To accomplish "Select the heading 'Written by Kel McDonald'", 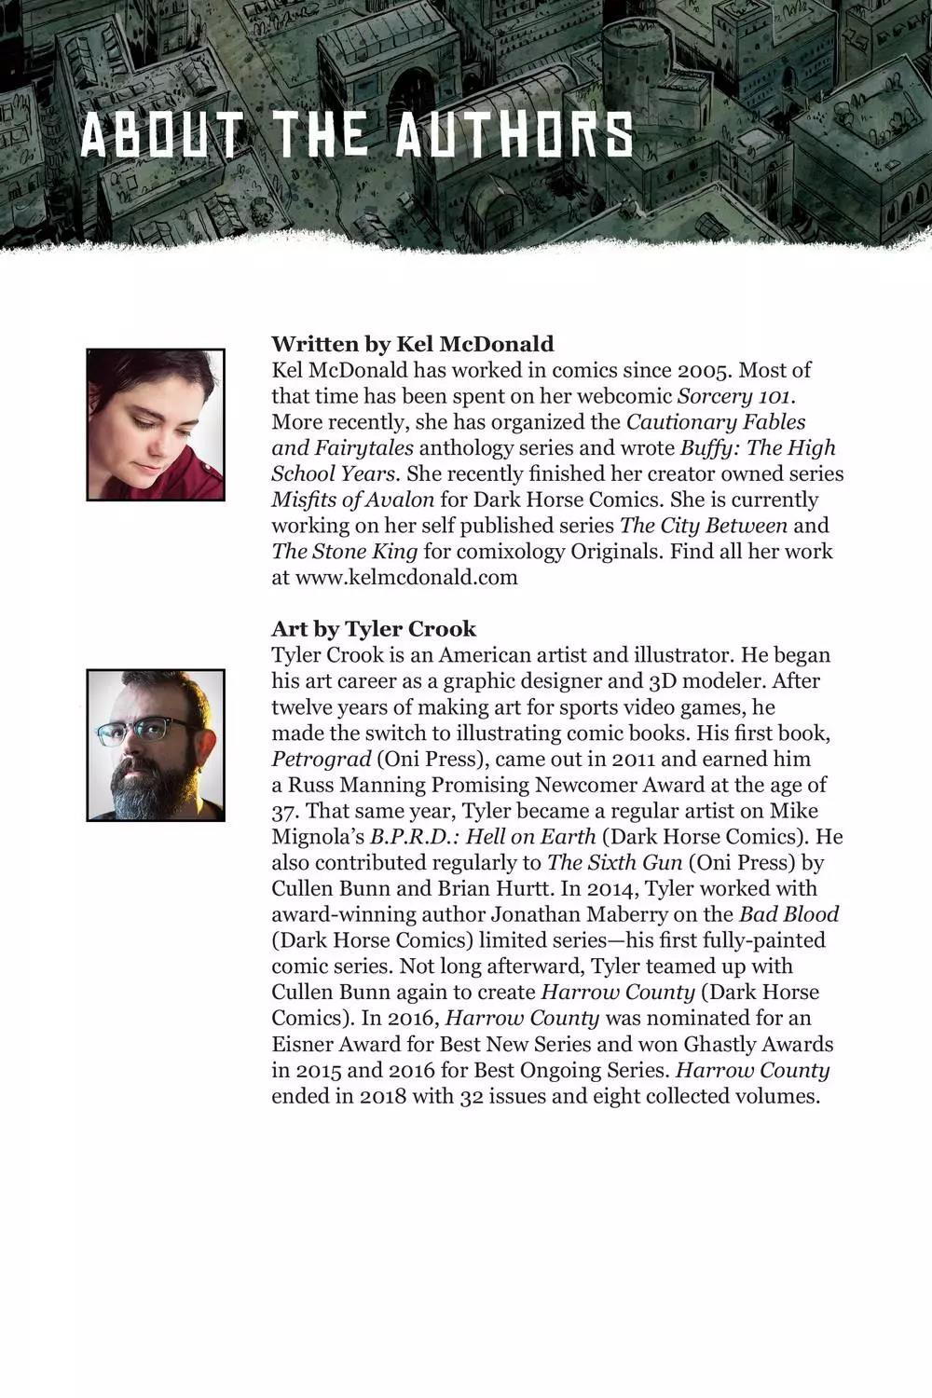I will pos(412,344).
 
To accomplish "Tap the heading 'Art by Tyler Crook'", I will pos(373,629).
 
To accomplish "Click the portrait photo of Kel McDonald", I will pos(156,425).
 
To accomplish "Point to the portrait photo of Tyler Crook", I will pos(156,745).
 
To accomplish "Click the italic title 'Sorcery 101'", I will pos(735,395).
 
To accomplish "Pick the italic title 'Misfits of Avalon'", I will pos(352,500).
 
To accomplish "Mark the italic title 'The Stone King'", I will pos(344,551).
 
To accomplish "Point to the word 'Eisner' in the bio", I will pos(305,1044).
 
